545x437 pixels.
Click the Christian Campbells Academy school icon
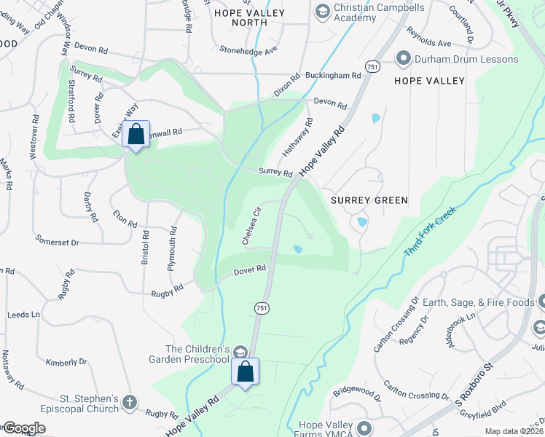[x=321, y=12]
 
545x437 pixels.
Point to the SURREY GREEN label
[x=369, y=200]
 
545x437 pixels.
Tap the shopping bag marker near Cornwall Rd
[x=136, y=135]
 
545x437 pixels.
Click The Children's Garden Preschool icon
[x=238, y=353]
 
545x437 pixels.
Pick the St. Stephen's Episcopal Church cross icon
[x=130, y=402]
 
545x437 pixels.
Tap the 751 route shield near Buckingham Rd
[x=373, y=66]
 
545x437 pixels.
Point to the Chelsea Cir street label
[x=251, y=226]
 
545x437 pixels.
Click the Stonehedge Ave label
[x=249, y=50]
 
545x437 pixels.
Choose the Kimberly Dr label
[x=66, y=362]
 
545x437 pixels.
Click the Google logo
[x=24, y=428]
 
